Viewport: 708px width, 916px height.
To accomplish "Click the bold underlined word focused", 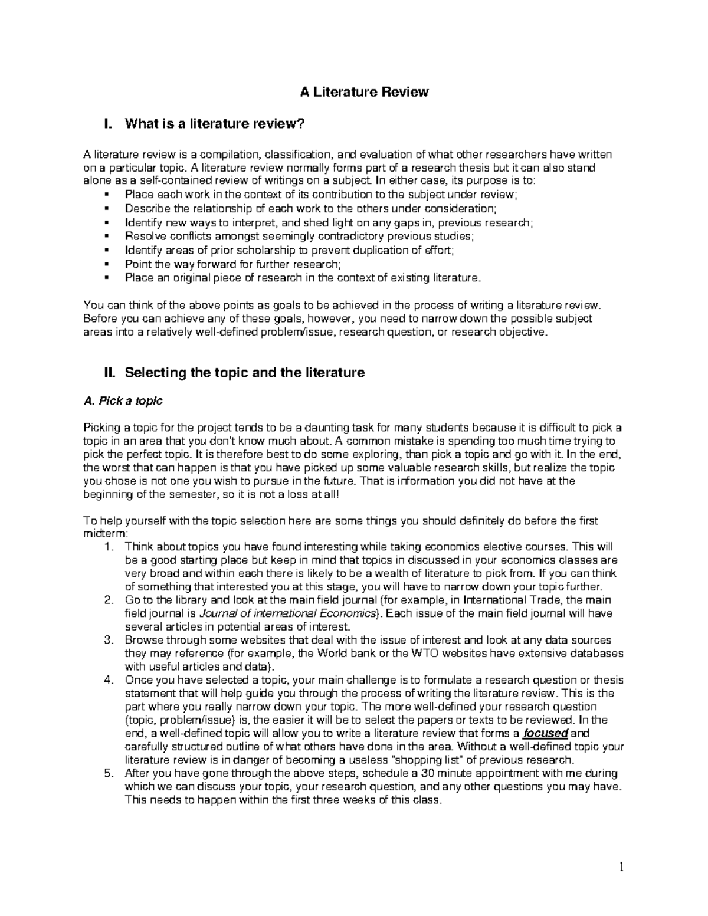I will click(x=546, y=733).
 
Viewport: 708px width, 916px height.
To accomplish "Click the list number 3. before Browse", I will click(x=107, y=640).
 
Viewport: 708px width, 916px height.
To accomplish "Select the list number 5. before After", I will click(x=107, y=773).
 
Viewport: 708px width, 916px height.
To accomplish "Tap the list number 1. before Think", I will click(x=107, y=547).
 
